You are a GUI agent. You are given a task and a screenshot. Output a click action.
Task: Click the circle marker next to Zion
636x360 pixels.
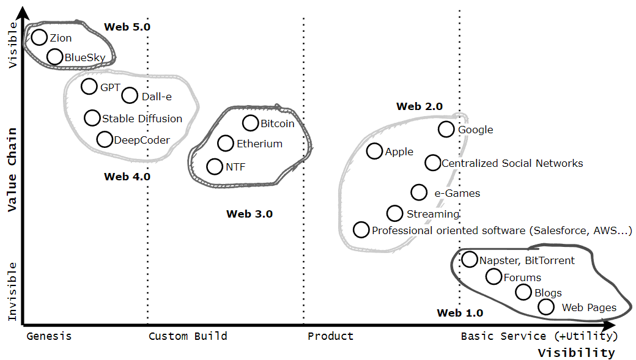click(39, 37)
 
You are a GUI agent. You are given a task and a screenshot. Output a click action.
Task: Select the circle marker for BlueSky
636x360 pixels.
click(55, 57)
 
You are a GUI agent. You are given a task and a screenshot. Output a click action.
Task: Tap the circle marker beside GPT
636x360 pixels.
click(89, 86)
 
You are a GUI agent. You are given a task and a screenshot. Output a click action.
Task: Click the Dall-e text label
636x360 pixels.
click(157, 96)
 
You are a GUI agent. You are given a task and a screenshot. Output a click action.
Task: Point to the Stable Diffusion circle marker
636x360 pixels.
click(92, 118)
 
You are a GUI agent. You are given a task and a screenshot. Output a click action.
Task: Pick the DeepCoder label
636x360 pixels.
click(142, 140)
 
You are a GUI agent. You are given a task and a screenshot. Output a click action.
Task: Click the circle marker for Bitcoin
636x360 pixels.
click(251, 123)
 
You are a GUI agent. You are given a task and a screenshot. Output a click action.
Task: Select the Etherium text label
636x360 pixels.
click(259, 144)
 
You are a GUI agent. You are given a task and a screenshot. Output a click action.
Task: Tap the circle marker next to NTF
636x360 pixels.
click(215, 166)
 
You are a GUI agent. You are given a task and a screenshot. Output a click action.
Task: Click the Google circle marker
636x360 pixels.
click(446, 129)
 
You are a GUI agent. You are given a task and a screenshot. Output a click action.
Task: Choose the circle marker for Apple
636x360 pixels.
click(374, 151)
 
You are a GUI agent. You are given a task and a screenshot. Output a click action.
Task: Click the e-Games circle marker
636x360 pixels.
click(419, 193)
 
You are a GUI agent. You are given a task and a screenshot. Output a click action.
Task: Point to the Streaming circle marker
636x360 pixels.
click(395, 213)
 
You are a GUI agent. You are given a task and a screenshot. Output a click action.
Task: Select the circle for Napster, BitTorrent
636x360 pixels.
click(470, 259)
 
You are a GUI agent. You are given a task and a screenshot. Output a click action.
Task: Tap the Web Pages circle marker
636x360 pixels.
click(546, 307)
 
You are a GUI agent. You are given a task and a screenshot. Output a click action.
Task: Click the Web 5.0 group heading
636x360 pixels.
click(127, 27)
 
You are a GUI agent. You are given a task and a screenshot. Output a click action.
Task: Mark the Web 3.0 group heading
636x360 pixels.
click(250, 214)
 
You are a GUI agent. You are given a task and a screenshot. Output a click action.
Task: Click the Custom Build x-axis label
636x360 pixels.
click(188, 336)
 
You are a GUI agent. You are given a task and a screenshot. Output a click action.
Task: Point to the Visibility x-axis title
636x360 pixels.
click(576, 353)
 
